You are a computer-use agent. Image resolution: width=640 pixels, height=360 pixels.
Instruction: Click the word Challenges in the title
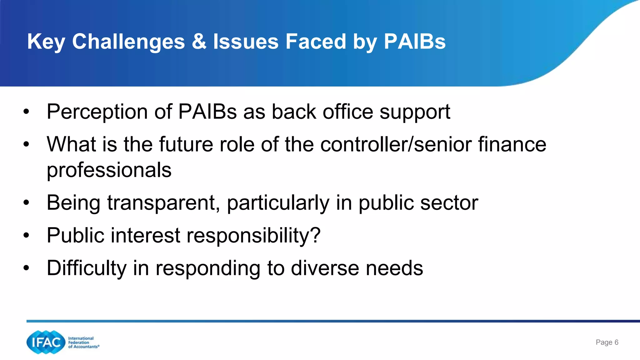point(128,42)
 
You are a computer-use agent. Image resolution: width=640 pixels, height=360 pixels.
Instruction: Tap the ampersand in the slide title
point(199,42)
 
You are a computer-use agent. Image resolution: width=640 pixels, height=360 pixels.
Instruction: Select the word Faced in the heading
point(316,42)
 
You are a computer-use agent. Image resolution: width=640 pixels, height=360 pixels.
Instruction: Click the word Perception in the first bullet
point(97,112)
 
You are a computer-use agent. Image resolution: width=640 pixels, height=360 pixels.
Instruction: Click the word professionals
point(109,170)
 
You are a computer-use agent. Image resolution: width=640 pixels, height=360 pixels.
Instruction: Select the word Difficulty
point(86,268)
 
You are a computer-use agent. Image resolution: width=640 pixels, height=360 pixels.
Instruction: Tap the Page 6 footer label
point(607,342)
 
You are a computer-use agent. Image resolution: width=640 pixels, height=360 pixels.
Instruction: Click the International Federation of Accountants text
point(83,342)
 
